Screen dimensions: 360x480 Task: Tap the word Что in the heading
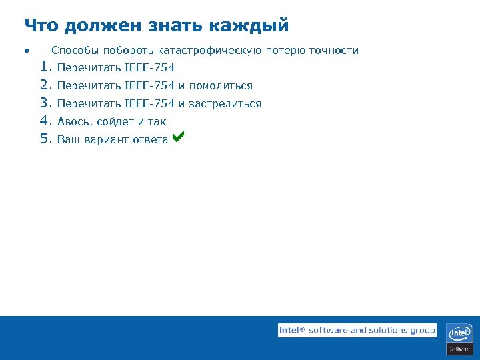41,26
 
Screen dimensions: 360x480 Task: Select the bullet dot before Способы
25,51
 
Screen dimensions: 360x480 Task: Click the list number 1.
45,67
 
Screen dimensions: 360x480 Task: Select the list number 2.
45,85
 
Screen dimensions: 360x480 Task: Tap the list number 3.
45,103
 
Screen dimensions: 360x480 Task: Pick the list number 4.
45,121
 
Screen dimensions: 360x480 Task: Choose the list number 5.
45,139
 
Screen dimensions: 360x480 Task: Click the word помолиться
221,86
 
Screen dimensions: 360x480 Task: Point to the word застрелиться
225,104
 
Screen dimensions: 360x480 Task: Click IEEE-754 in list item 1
149,68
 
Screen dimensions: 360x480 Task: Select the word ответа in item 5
149,140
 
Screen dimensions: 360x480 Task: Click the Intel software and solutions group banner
357,330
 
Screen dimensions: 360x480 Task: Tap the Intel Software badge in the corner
460,339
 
